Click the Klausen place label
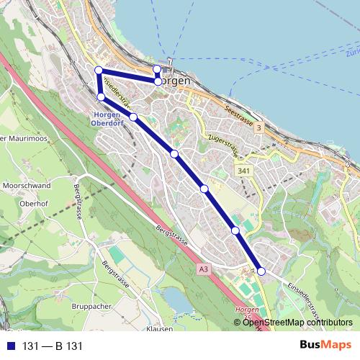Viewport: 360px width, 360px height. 158,328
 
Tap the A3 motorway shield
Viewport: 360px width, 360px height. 205,269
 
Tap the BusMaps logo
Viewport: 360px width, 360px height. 325,345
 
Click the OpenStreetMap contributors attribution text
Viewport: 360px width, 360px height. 297,322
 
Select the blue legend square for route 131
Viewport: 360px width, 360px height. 10,346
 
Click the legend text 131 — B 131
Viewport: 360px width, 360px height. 53,346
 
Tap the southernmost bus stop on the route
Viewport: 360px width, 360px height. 261,271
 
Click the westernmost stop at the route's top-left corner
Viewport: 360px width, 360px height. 99,70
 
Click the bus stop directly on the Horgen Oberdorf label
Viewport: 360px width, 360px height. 102,96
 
